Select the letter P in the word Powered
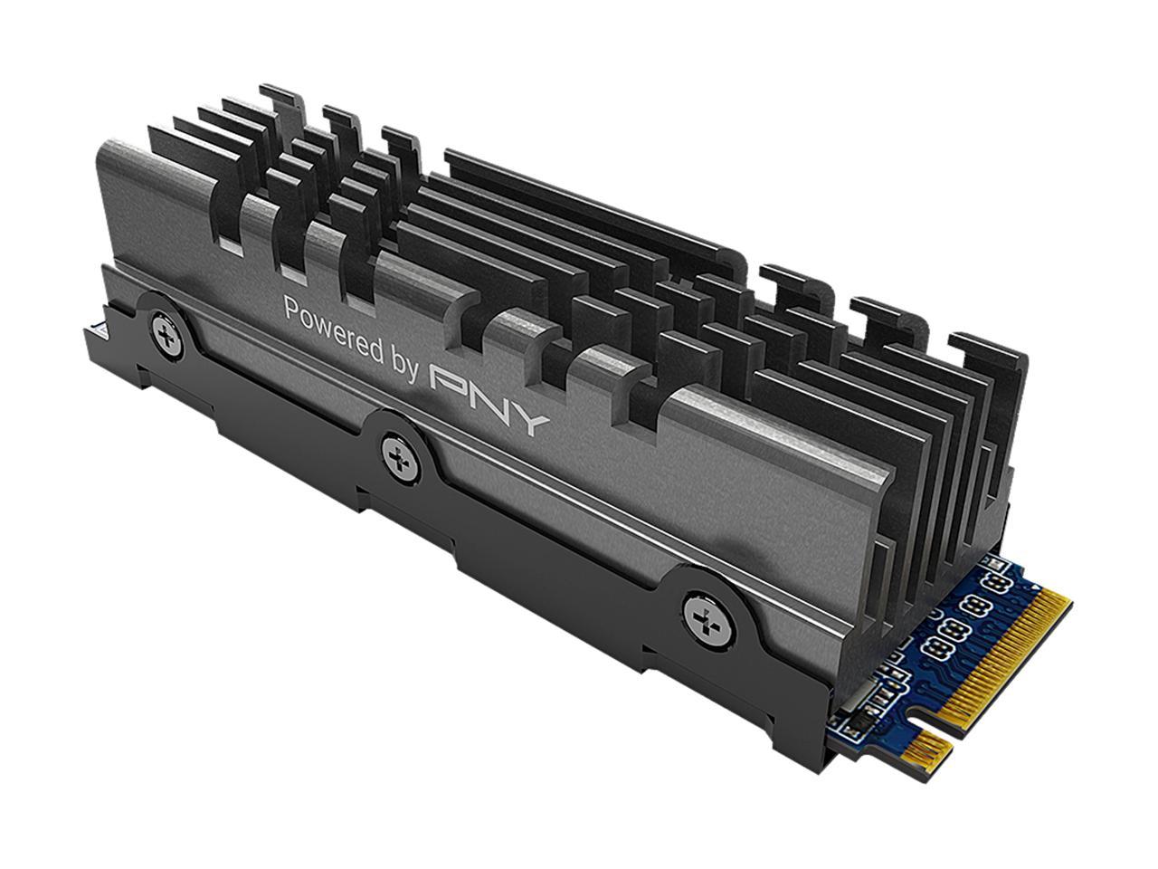tap(291, 308)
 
